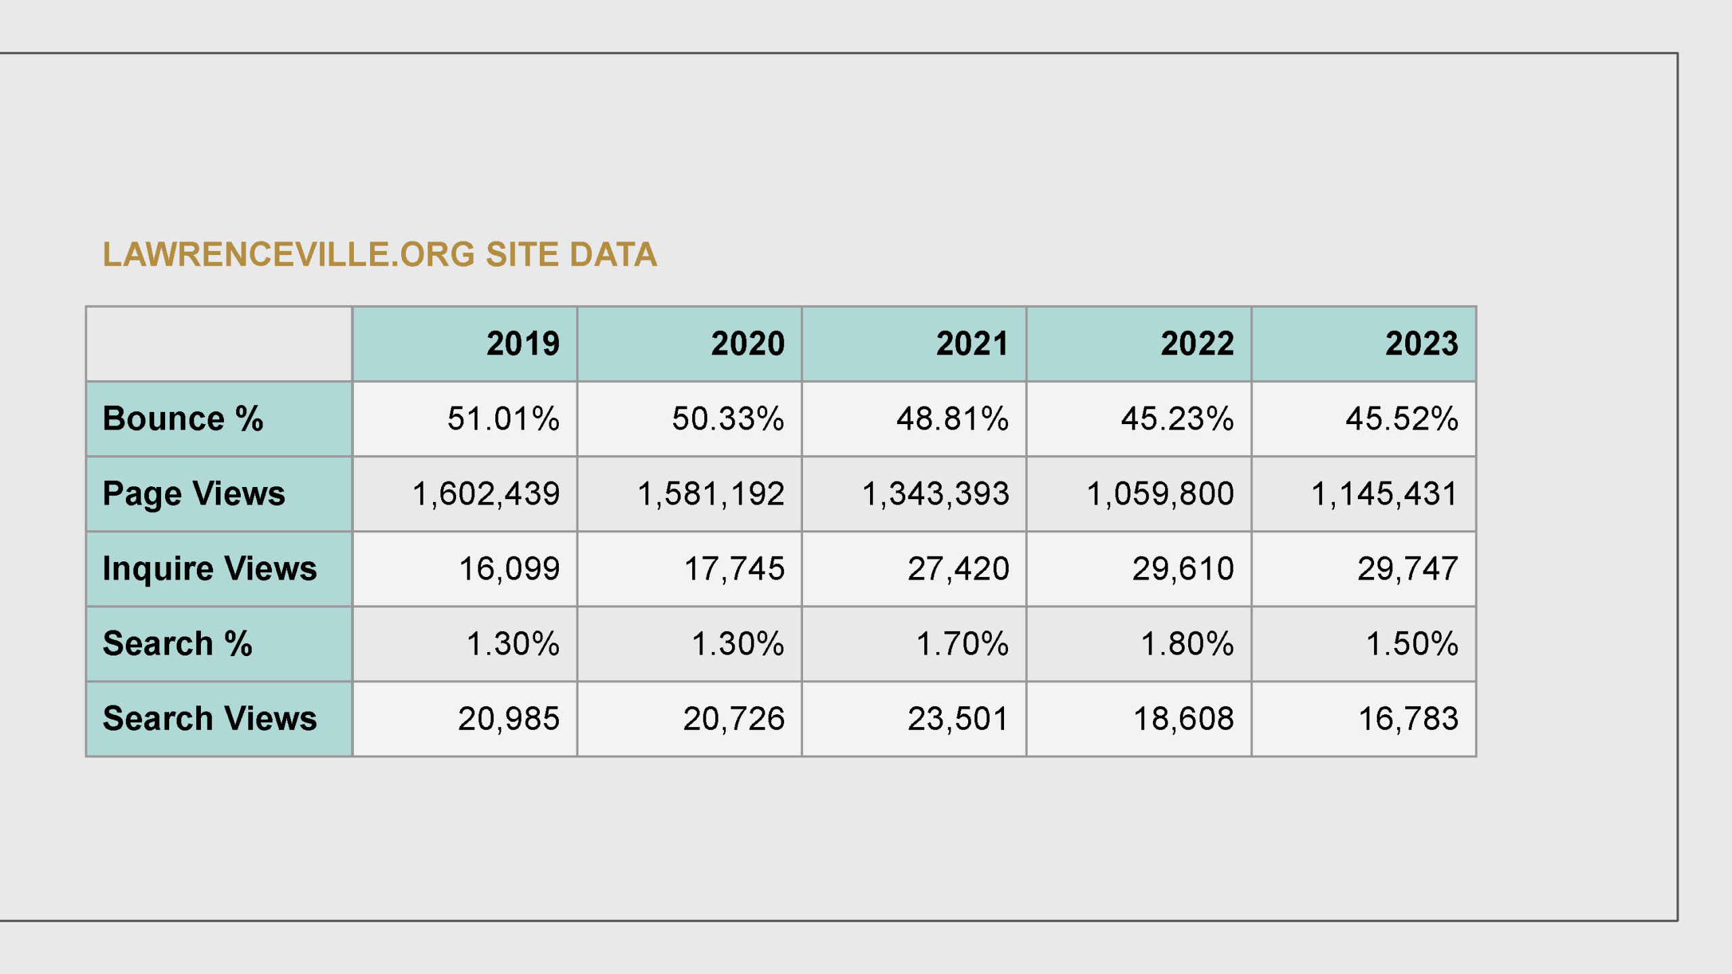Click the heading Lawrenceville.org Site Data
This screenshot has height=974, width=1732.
[380, 255]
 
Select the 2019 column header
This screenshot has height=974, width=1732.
[523, 344]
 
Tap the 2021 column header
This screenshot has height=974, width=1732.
[972, 344]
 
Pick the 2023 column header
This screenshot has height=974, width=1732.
[1421, 344]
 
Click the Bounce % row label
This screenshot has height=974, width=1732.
[183, 419]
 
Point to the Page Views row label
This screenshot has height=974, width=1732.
[193, 494]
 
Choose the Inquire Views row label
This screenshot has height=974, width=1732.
[210, 568]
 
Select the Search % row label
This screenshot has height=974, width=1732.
[177, 643]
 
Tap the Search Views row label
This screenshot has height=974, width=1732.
[210, 718]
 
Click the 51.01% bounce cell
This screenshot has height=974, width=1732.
[503, 419]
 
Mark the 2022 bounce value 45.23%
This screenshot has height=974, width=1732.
[1177, 419]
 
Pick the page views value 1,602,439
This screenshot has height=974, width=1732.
[486, 494]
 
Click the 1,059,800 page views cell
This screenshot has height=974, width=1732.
[1160, 494]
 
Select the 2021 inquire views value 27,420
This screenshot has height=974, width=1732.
[959, 569]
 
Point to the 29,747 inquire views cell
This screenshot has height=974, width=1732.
[1408, 569]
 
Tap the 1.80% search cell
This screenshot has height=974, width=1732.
[1187, 643]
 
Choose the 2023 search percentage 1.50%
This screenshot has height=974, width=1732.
[1412, 643]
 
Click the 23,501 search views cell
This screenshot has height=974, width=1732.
[959, 718]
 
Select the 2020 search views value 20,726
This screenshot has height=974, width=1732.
[734, 718]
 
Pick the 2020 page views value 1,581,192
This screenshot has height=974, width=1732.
[711, 494]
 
